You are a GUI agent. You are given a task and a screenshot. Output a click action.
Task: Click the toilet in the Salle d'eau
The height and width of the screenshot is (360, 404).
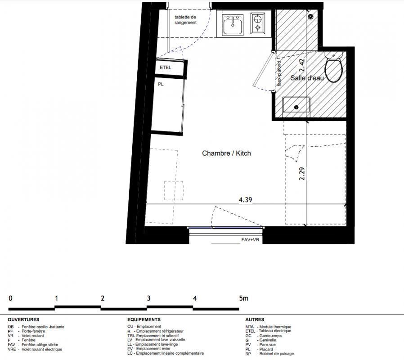pos(334,67)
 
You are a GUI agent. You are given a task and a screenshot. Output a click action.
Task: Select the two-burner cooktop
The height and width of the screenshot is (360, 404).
pos(258,23)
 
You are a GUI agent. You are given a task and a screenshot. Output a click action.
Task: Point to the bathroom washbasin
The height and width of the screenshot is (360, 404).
pos(296,105)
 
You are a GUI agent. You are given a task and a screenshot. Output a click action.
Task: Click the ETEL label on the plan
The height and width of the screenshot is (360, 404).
pos(166,68)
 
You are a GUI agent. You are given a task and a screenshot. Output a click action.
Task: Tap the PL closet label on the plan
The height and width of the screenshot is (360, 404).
pos(161,84)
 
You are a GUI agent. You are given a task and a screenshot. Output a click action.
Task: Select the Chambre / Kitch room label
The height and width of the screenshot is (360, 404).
pos(226,153)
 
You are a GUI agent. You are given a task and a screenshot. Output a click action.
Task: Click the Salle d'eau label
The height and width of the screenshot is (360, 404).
pos(307,78)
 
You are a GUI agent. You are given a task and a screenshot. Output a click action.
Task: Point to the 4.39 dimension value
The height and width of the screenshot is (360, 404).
pos(245,200)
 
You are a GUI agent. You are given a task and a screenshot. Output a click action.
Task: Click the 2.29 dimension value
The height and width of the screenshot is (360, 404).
pos(302,174)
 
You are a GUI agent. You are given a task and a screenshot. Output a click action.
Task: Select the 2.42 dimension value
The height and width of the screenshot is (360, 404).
pos(302,65)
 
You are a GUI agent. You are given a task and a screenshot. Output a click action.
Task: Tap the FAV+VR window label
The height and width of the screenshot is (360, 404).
pos(250,240)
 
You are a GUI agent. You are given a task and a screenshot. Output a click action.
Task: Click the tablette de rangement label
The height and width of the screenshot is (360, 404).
pos(185,20)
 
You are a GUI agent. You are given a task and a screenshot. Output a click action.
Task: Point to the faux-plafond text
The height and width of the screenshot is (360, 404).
pos(279,74)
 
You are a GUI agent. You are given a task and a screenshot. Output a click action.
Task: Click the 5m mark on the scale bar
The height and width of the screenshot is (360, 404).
pos(243,298)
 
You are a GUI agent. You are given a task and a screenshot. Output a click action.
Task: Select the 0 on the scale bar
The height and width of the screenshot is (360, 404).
pos(10,298)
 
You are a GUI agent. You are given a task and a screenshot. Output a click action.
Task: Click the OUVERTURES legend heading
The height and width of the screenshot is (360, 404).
pos(23,319)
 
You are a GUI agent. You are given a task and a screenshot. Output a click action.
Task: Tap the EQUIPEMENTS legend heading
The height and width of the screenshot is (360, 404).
pos(144,319)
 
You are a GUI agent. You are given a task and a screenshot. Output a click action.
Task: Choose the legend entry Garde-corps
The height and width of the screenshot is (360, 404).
pos(270,336)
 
